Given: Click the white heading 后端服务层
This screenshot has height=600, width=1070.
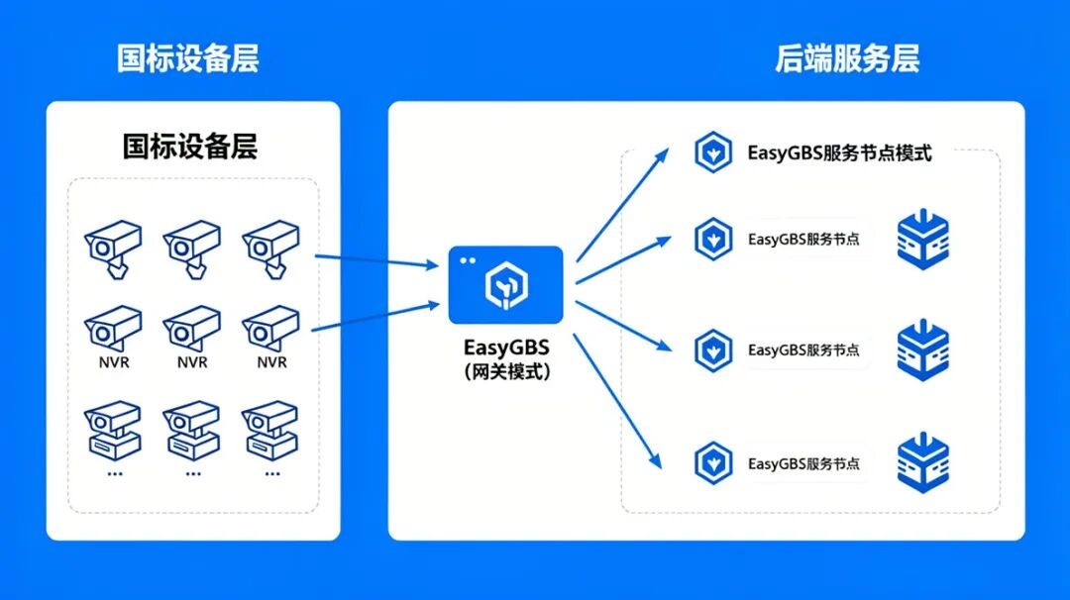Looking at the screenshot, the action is click(847, 58).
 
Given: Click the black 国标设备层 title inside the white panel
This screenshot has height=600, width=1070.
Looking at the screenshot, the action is click(190, 146).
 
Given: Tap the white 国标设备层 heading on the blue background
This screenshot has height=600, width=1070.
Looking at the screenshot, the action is click(187, 58).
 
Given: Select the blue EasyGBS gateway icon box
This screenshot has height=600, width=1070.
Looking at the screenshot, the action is click(505, 285).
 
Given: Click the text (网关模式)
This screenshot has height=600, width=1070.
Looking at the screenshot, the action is click(506, 371).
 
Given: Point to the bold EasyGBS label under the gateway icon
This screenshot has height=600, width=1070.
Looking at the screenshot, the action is click(506, 348).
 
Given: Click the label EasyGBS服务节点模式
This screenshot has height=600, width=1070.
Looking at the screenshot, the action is click(839, 152).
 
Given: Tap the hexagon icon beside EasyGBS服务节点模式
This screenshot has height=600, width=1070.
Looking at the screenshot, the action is click(713, 152).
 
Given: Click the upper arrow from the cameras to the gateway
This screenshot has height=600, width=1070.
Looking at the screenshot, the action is click(376, 260).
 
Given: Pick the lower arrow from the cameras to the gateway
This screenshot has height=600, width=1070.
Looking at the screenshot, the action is click(375, 317).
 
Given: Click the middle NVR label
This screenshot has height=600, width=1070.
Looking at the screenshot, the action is click(192, 362).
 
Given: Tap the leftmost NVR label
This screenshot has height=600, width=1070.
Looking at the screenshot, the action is click(114, 362).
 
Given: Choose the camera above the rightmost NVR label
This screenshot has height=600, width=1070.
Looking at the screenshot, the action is click(270, 329).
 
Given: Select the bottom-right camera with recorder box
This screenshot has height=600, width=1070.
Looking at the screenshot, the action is click(270, 431).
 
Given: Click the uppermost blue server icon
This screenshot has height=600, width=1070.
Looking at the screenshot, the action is click(922, 240).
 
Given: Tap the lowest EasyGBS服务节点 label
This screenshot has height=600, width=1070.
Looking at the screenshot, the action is click(803, 463).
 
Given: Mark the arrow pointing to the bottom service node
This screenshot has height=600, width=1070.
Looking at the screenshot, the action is click(617, 402).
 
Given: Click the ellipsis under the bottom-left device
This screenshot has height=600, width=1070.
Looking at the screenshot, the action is click(115, 473).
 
